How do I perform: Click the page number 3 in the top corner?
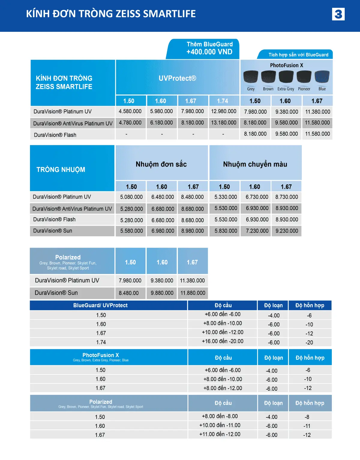click(338, 14)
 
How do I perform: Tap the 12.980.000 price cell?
click(223, 111)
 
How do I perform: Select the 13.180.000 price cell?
click(223, 123)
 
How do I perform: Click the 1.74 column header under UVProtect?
click(223, 101)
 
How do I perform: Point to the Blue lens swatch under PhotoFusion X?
click(322, 77)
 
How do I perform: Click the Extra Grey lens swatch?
click(286, 77)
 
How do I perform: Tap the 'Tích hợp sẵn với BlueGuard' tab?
click(298, 55)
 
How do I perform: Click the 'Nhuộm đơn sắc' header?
click(161, 164)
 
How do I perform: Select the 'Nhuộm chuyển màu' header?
click(255, 164)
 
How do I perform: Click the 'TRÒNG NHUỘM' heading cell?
click(61, 170)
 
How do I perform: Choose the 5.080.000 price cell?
click(131, 197)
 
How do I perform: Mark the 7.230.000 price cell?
click(257, 231)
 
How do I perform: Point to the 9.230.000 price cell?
click(287, 231)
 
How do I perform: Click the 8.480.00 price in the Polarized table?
click(129, 293)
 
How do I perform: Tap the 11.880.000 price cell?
click(193, 293)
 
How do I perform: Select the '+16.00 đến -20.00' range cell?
click(223, 341)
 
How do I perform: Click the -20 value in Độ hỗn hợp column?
click(309, 342)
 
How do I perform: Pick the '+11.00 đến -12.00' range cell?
click(220, 434)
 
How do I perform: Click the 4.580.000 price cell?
click(130, 111)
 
